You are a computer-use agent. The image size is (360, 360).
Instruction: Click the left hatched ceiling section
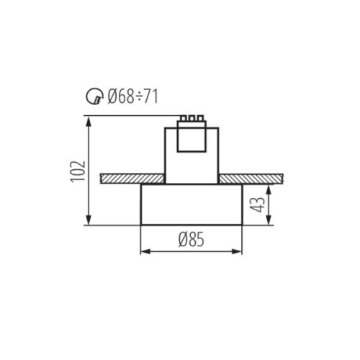click(132, 178)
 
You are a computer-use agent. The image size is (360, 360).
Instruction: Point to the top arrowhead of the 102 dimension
click(89, 119)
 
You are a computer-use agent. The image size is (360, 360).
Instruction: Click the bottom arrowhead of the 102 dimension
click(89, 221)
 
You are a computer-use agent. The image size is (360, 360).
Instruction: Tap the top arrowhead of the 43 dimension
click(269, 187)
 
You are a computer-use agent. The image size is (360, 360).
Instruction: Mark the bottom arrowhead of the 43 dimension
click(269, 221)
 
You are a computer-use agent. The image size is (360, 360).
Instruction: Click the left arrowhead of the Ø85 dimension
click(143, 251)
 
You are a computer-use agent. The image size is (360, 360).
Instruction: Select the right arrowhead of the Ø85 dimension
click(239, 251)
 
